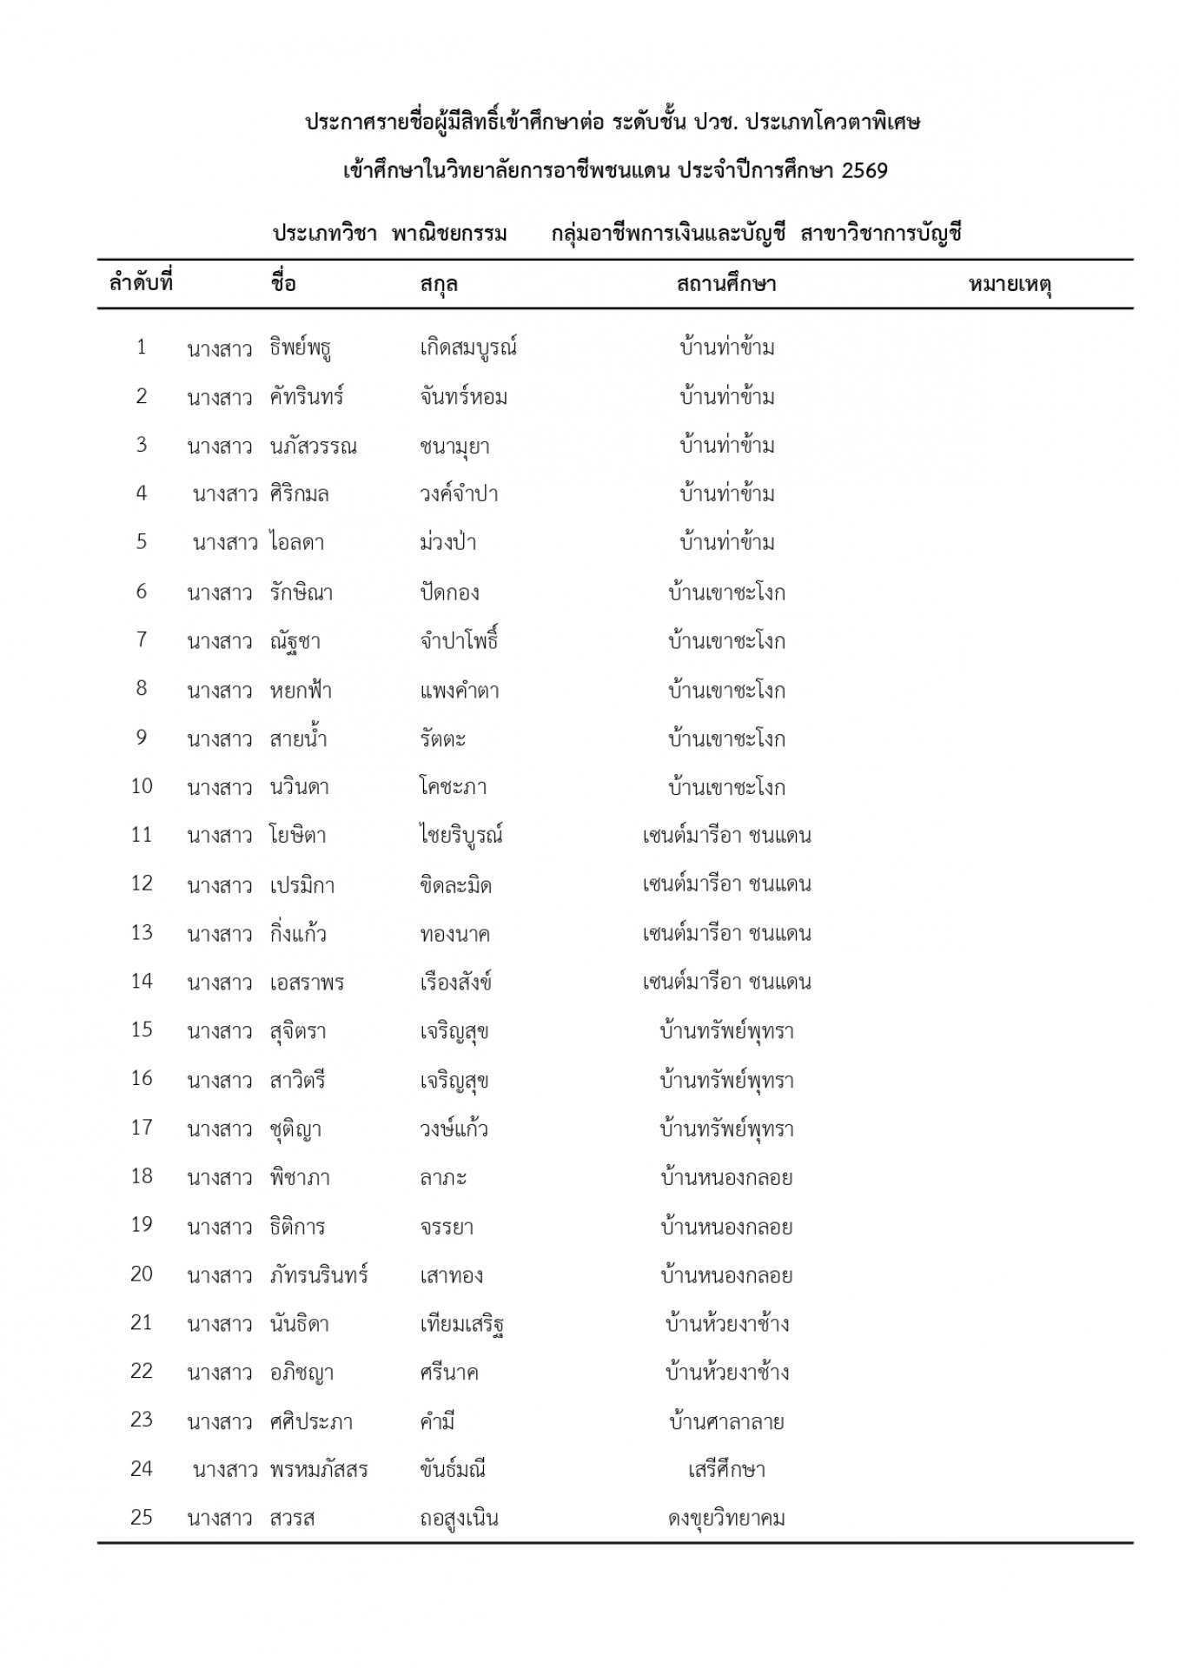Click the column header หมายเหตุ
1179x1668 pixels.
click(x=1010, y=284)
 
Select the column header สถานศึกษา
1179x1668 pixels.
click(x=726, y=284)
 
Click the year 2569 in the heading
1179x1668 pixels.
click(x=864, y=170)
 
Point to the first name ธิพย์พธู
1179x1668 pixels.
click(x=301, y=348)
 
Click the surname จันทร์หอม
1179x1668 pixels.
click(x=463, y=397)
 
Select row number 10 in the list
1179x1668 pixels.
click(x=142, y=786)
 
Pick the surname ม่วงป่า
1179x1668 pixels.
click(x=447, y=543)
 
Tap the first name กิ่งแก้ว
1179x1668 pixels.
click(x=298, y=934)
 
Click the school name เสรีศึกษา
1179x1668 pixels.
click(x=726, y=1470)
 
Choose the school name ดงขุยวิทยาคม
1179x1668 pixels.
click(x=726, y=1519)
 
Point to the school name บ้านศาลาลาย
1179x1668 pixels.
click(x=726, y=1421)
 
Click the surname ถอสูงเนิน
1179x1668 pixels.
click(x=459, y=1519)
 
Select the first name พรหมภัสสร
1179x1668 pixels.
click(x=319, y=1470)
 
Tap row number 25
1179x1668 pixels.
click(x=142, y=1517)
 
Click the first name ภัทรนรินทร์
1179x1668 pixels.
click(x=319, y=1275)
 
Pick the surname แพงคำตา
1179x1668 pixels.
click(x=459, y=691)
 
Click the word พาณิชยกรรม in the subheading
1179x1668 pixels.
click(x=449, y=234)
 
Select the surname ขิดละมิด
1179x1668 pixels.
click(x=455, y=885)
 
